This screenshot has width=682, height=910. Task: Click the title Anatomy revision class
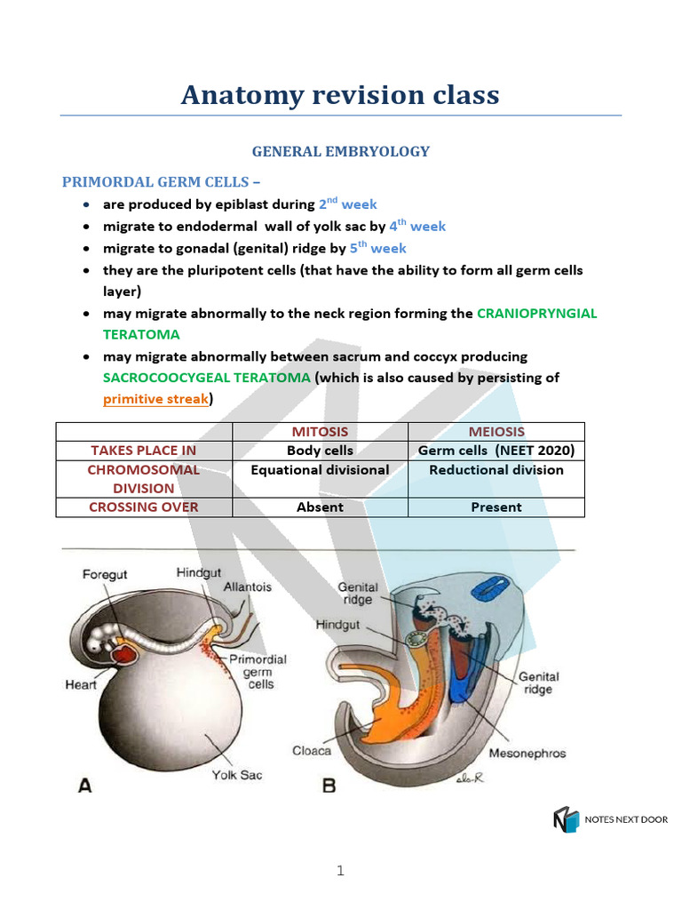coord(340,94)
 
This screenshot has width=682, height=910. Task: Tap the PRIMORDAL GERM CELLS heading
coord(162,182)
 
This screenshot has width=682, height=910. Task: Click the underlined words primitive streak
coord(155,399)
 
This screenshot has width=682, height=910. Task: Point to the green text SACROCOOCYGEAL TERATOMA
coord(207,378)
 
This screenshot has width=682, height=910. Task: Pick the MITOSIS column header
coord(320,431)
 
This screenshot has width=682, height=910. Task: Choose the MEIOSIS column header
coord(496,431)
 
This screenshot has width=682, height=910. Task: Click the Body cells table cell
coord(320,451)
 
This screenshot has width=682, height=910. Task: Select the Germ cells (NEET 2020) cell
coord(496,451)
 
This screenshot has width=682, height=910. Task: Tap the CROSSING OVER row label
coord(144,507)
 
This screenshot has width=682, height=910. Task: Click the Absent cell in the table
coord(320,507)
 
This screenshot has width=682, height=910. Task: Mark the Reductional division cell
coord(496,470)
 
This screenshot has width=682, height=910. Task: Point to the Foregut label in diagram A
coord(105,574)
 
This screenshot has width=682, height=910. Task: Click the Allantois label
coord(248,587)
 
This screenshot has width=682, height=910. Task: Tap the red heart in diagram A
coord(122,655)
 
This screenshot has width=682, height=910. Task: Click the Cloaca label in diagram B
coord(312,751)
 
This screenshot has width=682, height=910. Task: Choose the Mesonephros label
coord(527,754)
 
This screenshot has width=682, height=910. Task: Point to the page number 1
coord(340,872)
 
